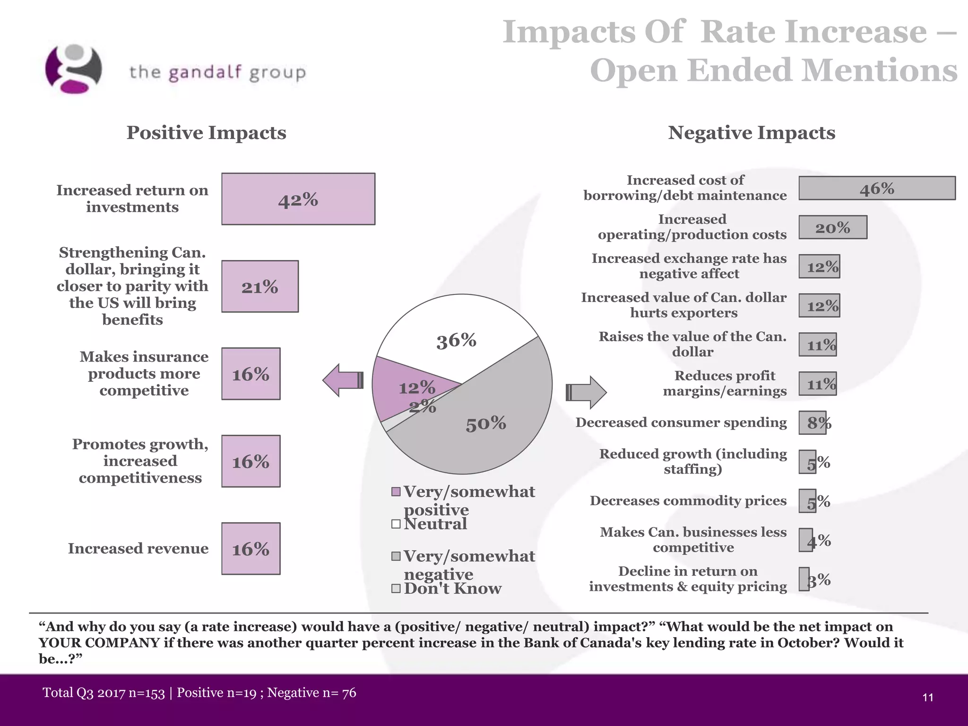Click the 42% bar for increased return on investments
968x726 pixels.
pyautogui.click(x=298, y=199)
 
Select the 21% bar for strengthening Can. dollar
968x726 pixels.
pyautogui.click(x=260, y=286)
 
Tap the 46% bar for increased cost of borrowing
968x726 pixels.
pyautogui.click(x=877, y=188)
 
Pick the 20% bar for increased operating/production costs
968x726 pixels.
pyautogui.click(x=833, y=227)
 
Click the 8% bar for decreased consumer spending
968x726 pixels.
pyautogui.click(x=812, y=423)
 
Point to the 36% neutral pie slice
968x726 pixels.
pyautogui.click(x=456, y=336)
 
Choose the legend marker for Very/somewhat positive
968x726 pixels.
pyautogui.click(x=396, y=492)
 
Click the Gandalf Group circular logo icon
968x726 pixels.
pyautogui.click(x=73, y=69)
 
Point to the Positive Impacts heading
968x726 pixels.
pyautogui.click(x=206, y=133)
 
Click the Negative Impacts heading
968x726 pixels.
pyautogui.click(x=752, y=133)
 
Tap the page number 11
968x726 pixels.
pyautogui.click(x=927, y=698)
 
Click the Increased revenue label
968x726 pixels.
pyautogui.click(x=138, y=548)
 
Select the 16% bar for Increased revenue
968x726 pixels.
pyautogui.click(x=251, y=549)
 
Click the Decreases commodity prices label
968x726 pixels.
pyautogui.click(x=688, y=501)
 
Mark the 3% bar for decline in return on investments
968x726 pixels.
pyautogui.click(x=804, y=579)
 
